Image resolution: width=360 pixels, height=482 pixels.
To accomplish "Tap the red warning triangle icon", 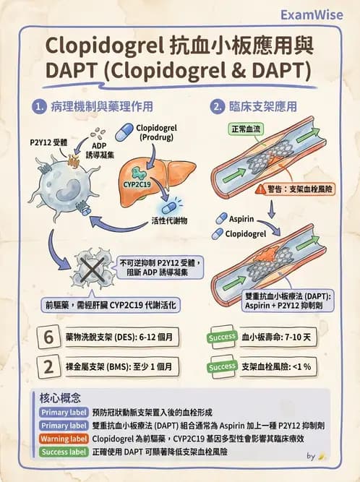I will pos(260,189).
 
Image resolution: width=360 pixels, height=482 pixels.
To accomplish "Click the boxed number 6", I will pos(49,337).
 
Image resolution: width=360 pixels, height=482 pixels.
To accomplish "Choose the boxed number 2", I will pos(49,366).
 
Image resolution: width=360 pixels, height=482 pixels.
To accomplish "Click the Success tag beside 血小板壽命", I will pos(222,337).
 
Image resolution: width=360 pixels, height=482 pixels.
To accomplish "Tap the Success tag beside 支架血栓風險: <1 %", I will pos(222,366).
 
